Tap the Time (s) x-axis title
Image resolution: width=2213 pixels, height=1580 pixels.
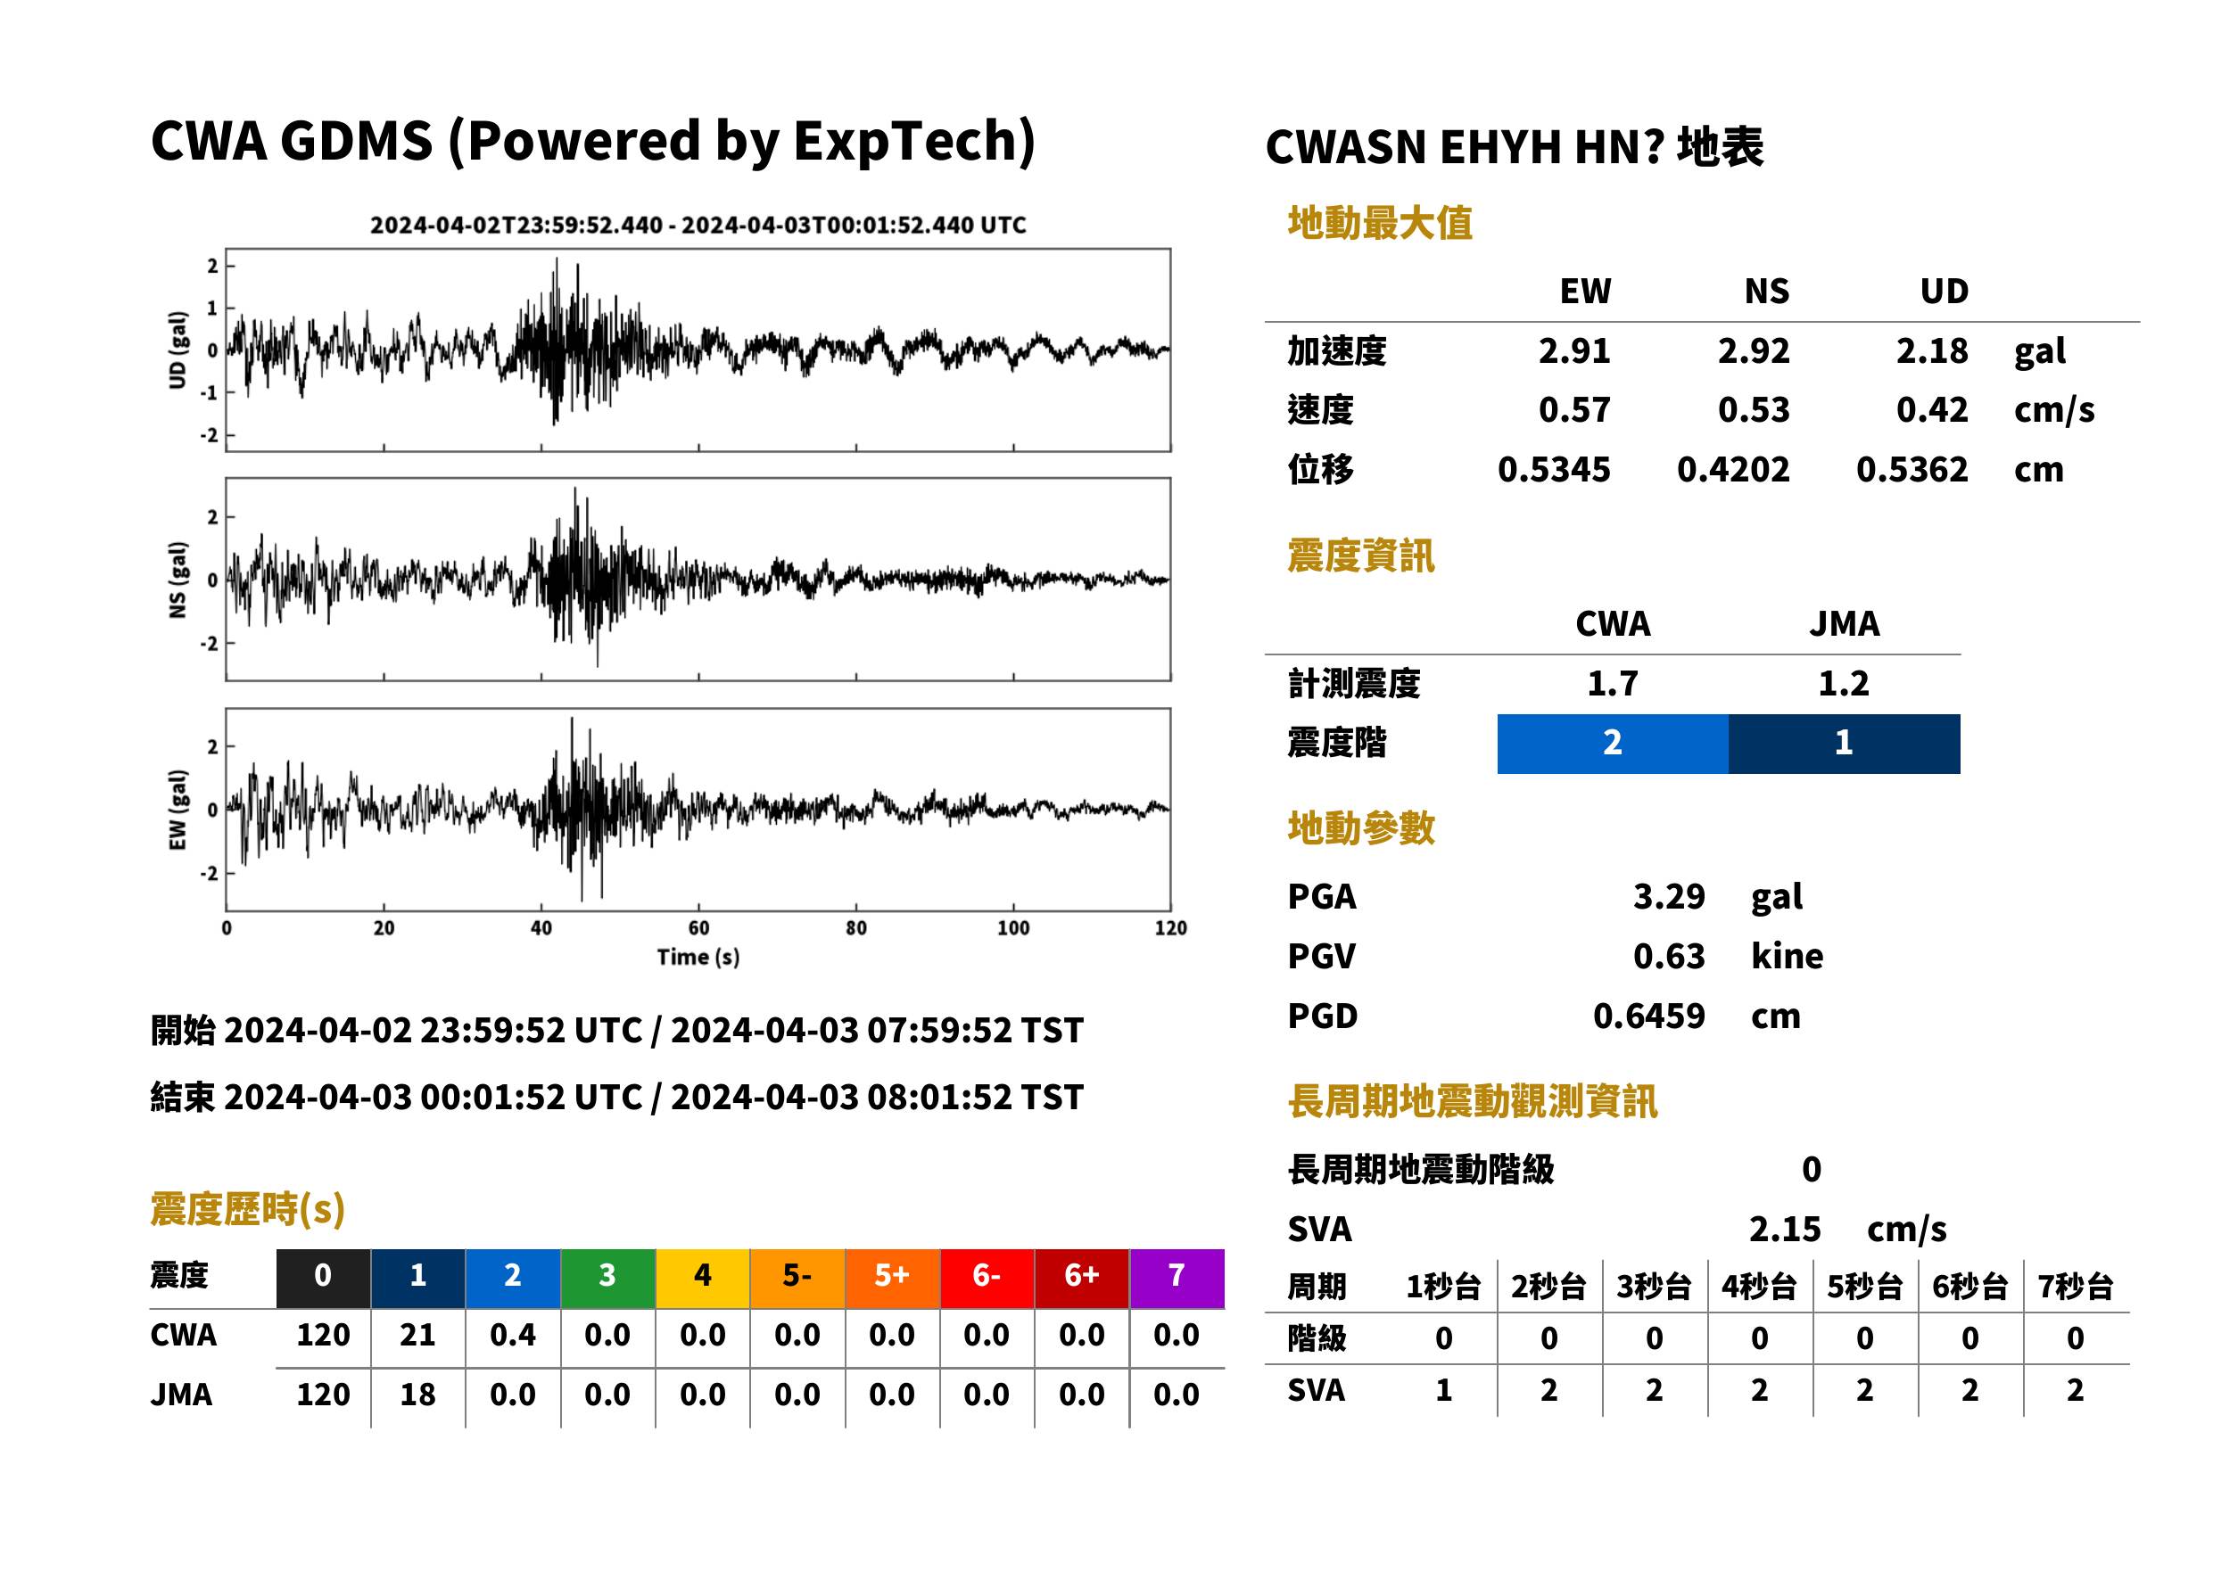(698, 957)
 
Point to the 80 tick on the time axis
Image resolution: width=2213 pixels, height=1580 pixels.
(855, 927)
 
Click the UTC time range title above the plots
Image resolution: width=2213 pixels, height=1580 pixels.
(698, 225)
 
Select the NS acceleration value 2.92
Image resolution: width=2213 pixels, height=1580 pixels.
(1753, 350)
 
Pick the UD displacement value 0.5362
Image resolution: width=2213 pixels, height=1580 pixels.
(1912, 469)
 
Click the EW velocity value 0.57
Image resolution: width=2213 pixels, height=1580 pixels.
(1573, 409)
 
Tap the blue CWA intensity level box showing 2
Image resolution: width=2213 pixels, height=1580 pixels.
(1613, 744)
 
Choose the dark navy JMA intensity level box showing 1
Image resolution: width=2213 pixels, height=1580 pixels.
(1845, 744)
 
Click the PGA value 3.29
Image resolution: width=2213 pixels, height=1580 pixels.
(1669, 896)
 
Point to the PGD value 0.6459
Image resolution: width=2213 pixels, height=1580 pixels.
(1648, 1016)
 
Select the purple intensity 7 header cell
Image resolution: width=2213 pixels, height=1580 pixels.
(1177, 1278)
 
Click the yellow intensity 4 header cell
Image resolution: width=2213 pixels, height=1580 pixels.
(703, 1278)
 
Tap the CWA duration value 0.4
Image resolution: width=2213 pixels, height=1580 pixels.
(513, 1335)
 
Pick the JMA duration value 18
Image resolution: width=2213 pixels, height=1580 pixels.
(417, 1395)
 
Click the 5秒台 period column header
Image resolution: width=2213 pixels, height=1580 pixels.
(1864, 1286)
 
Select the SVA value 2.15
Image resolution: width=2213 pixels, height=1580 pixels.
(1785, 1229)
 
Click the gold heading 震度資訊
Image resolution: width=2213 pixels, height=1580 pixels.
(1360, 556)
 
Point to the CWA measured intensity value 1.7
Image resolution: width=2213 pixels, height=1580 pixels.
(1613, 683)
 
